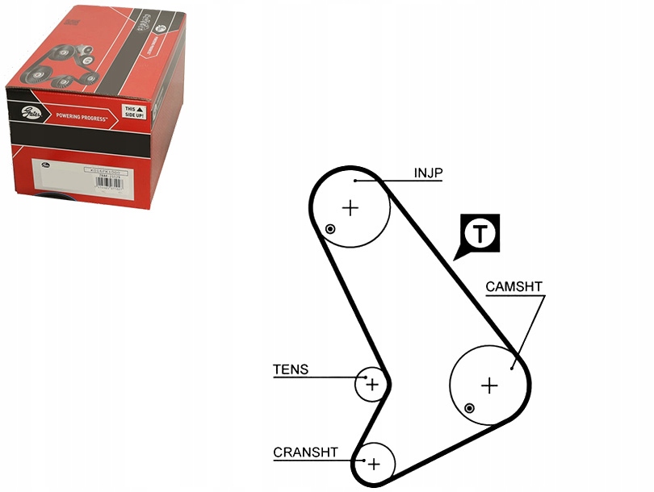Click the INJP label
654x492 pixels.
429,173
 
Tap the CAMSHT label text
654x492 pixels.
514,286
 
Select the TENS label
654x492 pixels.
291,370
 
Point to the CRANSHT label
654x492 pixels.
305,452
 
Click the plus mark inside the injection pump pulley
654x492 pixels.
350,208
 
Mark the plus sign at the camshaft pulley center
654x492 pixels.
489,386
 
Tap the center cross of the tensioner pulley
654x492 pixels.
371,385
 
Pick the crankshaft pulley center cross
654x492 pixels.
373,464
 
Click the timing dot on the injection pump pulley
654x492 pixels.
329,230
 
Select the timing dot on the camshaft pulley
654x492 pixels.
469,408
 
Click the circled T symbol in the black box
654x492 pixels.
480,233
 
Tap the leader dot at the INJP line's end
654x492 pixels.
354,181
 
